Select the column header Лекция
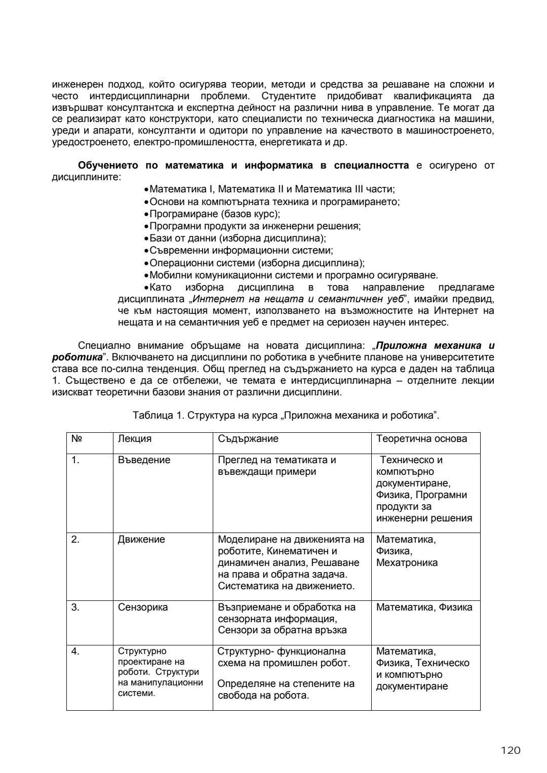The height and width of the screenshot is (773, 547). tap(135, 439)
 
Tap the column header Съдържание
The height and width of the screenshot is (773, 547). tap(248, 439)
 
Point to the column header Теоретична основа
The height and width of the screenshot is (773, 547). tap(421, 439)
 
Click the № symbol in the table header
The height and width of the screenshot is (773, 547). tap(76, 439)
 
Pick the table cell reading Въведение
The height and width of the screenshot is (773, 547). tap(144, 460)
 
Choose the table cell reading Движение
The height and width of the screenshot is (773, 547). tap(141, 540)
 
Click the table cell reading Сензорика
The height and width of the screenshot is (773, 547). tap(143, 607)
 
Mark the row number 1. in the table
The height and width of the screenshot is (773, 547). tap(75, 460)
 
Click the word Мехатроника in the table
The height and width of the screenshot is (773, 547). tap(407, 563)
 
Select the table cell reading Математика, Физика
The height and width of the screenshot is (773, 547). tap(424, 607)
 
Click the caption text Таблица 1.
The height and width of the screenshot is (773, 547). tap(158, 416)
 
